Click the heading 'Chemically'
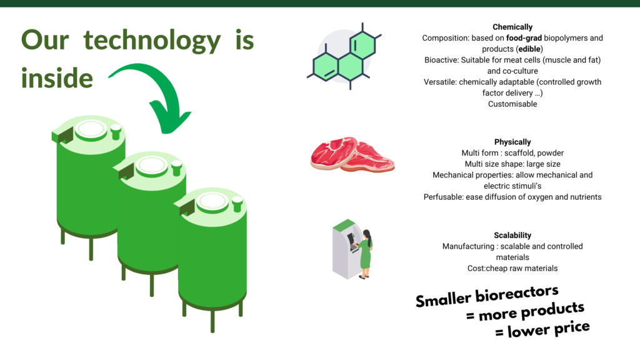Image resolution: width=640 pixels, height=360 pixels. (x=512, y=27)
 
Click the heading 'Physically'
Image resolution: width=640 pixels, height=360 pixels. (x=512, y=142)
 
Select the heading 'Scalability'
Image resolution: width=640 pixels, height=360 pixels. (x=512, y=235)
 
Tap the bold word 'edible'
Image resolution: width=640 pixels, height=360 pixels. (x=529, y=49)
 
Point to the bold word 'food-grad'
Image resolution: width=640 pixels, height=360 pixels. (x=524, y=38)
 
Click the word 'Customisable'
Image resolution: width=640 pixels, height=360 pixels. (x=512, y=104)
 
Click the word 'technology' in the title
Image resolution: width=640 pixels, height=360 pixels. (x=152, y=41)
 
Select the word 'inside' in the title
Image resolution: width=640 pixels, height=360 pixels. (x=57, y=78)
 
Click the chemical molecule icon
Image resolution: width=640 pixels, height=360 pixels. (x=344, y=56)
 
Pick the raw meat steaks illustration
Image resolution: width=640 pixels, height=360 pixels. (x=352, y=154)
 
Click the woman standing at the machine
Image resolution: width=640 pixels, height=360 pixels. (x=365, y=254)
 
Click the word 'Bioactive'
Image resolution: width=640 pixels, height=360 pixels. (x=441, y=60)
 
